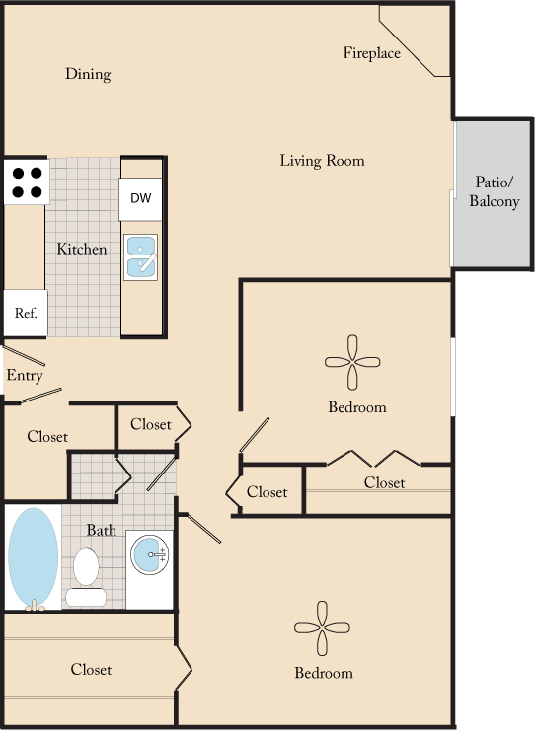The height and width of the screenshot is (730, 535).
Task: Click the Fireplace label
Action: point(371,53)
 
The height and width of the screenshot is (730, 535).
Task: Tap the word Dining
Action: point(88,74)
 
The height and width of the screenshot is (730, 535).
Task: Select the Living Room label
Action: point(322,160)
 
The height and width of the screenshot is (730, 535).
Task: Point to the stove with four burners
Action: point(27,181)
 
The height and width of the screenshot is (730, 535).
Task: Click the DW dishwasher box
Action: point(141,199)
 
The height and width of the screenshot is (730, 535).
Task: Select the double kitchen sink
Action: point(141,256)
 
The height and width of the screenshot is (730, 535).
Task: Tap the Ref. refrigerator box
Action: point(25,314)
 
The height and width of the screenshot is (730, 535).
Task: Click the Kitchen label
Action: point(81,249)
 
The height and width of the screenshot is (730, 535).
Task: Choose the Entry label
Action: point(24,376)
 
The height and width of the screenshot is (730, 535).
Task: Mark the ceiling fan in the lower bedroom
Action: point(322,629)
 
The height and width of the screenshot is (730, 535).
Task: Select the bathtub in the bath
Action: point(34,558)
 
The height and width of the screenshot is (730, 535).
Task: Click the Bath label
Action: point(101,530)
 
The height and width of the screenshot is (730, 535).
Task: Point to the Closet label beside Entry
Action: point(47,436)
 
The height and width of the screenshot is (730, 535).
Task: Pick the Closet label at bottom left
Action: point(91,669)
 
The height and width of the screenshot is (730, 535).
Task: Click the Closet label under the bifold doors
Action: point(384,482)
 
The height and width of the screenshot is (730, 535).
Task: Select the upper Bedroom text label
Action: point(356,406)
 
